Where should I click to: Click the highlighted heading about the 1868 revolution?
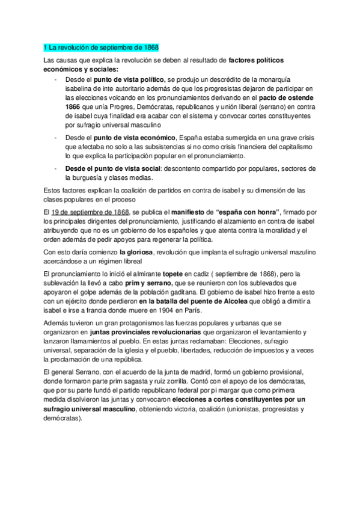click(102, 48)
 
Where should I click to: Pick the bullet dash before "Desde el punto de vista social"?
click(55, 168)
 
